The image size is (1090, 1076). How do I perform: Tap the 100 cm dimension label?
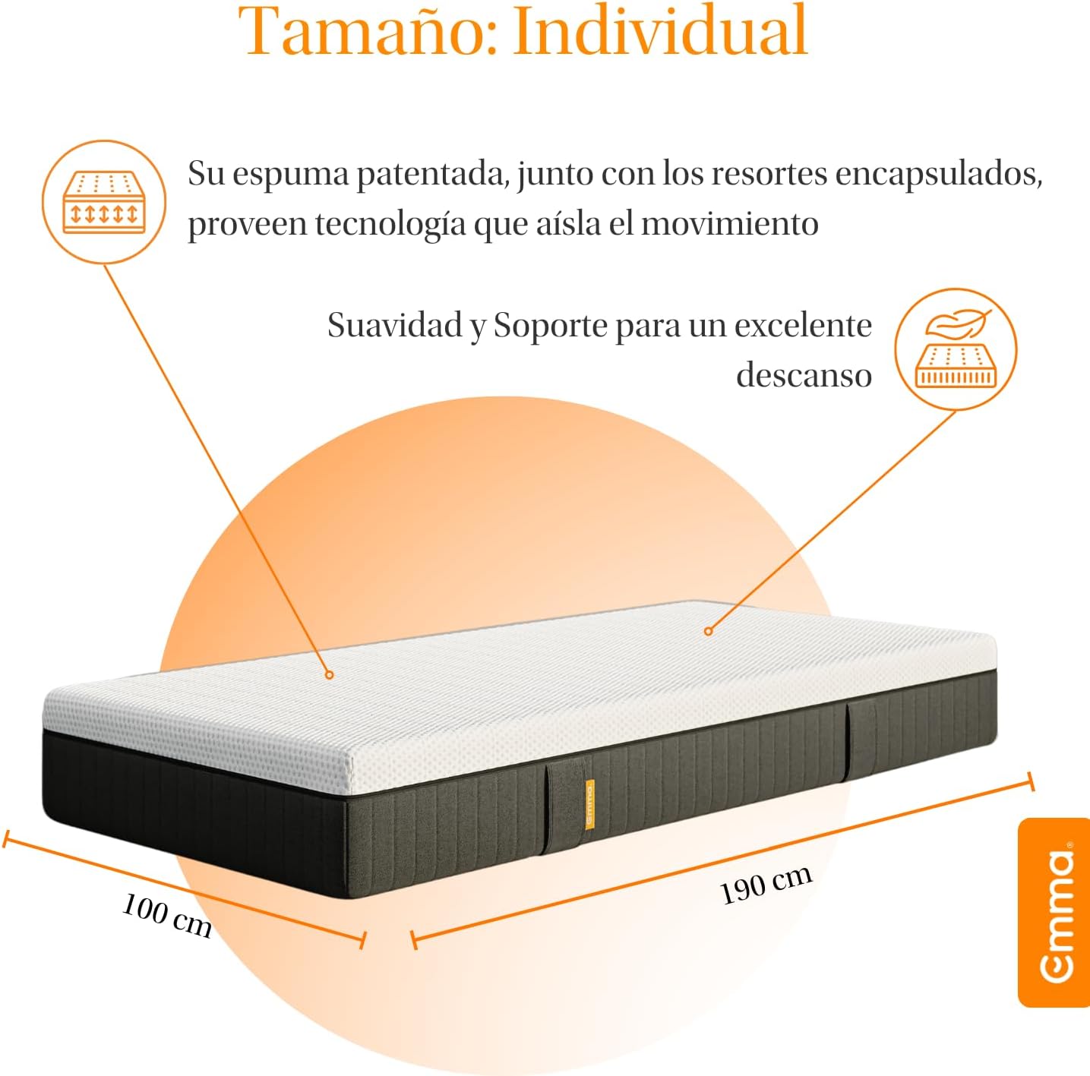[x=167, y=915]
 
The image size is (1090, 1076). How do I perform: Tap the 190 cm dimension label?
[x=766, y=884]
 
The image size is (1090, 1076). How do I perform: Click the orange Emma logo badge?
[x=1054, y=913]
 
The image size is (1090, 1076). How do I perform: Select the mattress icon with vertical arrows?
[x=104, y=202]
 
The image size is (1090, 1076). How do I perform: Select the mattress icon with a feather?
[x=956, y=349]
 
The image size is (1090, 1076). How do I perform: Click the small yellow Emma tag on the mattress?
[x=589, y=805]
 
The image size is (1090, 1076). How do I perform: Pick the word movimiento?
[x=730, y=223]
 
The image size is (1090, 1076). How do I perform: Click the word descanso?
[x=804, y=375]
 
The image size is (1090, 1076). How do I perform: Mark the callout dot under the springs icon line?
[x=329, y=674]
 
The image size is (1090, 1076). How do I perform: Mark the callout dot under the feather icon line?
[x=708, y=631]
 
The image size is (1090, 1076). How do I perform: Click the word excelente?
[x=803, y=325]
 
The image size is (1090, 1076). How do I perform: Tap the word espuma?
[x=291, y=175]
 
